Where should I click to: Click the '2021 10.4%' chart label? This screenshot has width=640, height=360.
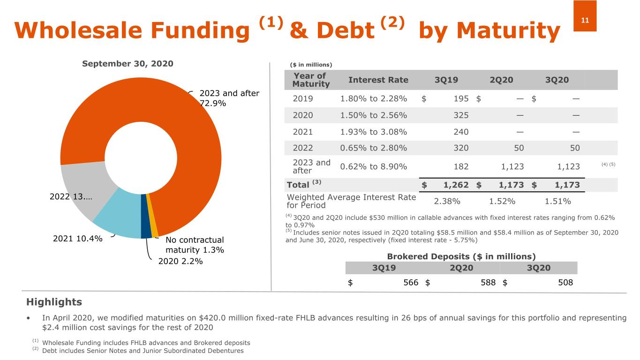[x=78, y=238]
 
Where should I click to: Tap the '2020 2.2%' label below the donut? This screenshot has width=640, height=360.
[x=181, y=261]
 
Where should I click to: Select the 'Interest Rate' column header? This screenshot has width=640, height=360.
[x=378, y=80]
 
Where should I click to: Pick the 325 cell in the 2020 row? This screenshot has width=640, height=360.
[x=460, y=115]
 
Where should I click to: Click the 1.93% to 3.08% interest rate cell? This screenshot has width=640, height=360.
[x=373, y=132]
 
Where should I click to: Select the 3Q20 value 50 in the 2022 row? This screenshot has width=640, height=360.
[x=574, y=148]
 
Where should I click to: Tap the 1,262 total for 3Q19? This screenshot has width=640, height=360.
[x=456, y=185]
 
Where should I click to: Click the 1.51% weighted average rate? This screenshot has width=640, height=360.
[x=557, y=202]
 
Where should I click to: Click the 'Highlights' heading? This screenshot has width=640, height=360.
[x=54, y=302]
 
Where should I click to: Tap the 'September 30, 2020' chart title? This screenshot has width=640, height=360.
[x=128, y=63]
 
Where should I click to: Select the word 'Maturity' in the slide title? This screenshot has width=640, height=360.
[x=508, y=31]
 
